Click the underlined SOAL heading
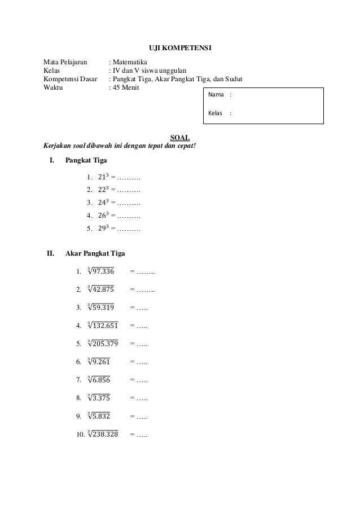180,137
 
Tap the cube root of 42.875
100,289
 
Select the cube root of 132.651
103,325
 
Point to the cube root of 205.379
103,343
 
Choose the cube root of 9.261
99,361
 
